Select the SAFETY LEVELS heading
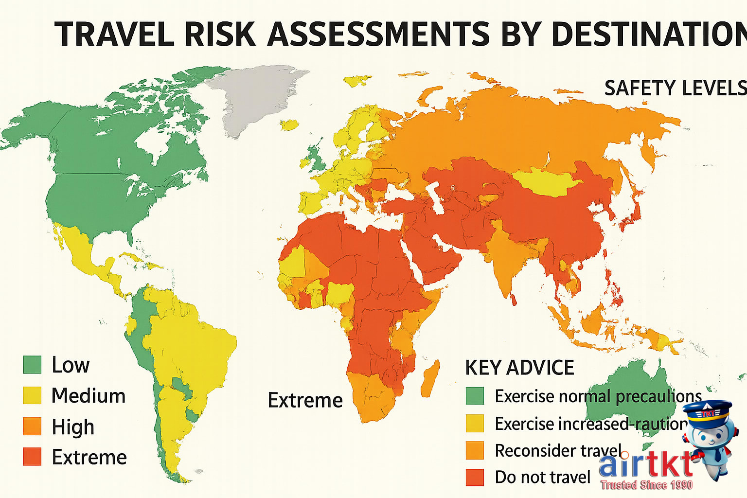pos(675,88)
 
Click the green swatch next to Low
pos(32,364)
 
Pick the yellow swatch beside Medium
pos(32,395)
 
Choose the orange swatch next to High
pos(32,427)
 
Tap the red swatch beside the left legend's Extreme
pos(32,457)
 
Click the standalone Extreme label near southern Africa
pos(305,400)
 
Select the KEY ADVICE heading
pos(519,368)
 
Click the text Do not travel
pos(542,477)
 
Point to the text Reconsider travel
pos(558,450)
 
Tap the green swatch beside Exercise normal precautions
pos(475,396)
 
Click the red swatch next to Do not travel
pos(475,477)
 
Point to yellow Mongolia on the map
pos(547,181)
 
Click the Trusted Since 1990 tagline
pos(646,485)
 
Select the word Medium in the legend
pos(89,395)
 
